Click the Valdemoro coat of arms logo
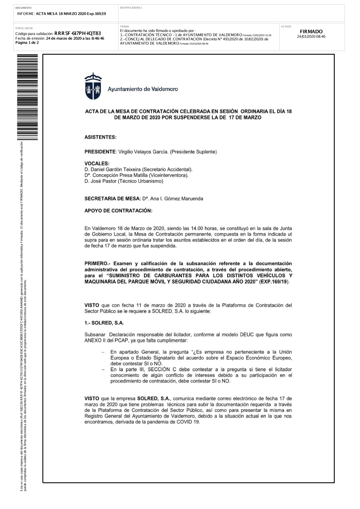[93, 86]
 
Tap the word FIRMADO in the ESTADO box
[311, 32]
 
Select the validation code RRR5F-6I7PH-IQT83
[77, 33]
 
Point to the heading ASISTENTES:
[100, 137]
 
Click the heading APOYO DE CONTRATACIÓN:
[118, 211]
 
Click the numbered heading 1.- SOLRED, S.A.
[104, 323]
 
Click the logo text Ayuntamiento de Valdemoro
[143, 89]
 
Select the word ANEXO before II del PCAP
[93, 340]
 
